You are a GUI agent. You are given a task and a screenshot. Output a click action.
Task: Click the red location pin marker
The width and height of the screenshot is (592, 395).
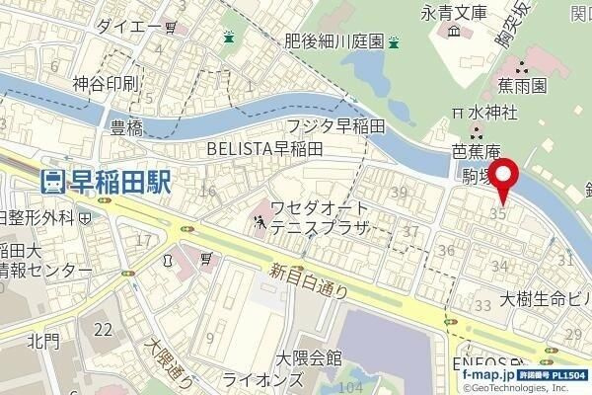(506, 178)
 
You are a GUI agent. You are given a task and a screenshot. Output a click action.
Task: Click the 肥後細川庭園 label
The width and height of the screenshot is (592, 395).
(333, 42)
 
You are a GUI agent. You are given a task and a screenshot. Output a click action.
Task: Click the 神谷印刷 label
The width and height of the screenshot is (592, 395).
(105, 84)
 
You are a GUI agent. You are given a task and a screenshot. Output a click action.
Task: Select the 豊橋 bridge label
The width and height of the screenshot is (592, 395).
(128, 127)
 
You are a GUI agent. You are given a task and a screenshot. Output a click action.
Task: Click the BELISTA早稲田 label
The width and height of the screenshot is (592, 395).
(264, 148)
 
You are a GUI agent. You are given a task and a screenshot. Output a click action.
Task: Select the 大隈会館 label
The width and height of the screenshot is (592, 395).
(309, 357)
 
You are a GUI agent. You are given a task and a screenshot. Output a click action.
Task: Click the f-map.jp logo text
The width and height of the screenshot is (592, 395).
(487, 376)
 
